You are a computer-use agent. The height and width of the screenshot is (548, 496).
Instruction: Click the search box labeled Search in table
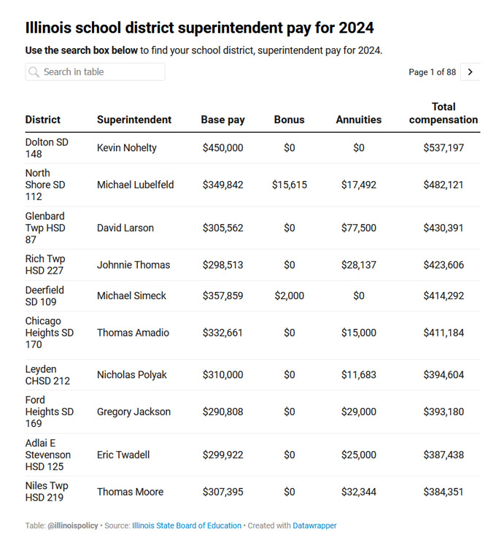[x=95, y=72]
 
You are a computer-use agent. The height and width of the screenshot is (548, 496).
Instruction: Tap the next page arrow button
[x=470, y=72]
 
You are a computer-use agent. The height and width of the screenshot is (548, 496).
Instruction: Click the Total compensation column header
[x=443, y=113]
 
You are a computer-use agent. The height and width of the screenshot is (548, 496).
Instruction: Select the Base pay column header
[x=223, y=120]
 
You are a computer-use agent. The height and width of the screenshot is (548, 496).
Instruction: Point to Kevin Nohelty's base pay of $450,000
[x=223, y=148]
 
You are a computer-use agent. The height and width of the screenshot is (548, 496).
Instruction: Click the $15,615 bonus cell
[x=290, y=185]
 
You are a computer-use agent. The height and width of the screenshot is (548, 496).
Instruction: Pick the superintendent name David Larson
[x=125, y=228]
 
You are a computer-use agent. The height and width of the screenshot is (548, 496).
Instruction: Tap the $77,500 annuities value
[x=359, y=228]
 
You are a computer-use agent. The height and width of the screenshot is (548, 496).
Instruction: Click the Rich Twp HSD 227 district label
[x=45, y=265]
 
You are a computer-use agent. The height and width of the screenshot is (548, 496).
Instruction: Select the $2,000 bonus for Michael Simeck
[x=290, y=296]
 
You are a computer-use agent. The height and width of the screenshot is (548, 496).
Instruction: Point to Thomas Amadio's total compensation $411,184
[x=443, y=333]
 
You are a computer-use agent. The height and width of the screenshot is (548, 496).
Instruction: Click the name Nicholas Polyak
[x=132, y=375]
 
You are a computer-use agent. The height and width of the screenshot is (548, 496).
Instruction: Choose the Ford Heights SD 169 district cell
[x=50, y=412]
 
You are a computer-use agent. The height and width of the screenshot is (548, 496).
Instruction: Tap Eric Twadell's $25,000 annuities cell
[x=359, y=455]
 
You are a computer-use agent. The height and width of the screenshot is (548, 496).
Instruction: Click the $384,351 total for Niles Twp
[x=443, y=492]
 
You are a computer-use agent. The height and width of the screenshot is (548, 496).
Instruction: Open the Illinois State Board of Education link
[x=187, y=525]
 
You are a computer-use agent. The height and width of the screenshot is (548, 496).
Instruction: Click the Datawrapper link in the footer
[x=315, y=525]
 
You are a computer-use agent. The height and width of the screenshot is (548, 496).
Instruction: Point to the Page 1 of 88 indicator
[x=432, y=72]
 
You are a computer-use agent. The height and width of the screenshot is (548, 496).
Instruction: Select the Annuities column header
[x=359, y=120]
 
